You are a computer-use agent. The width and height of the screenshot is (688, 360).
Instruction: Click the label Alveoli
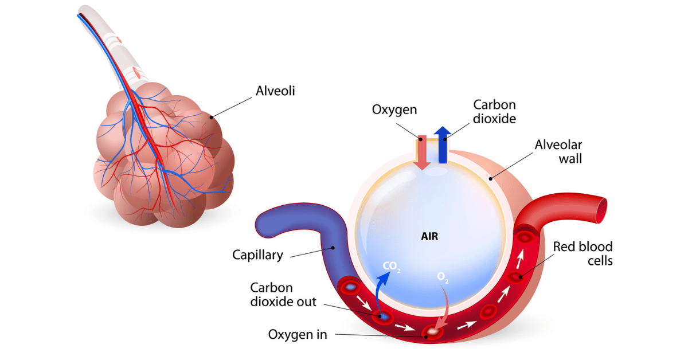coord(275,91)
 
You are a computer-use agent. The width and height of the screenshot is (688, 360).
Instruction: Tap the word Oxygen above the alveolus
coord(394,109)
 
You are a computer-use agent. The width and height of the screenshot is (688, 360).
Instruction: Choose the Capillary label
coord(257,255)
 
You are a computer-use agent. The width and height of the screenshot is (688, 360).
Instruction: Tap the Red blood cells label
coord(583,253)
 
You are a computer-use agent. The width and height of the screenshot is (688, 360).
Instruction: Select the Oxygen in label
coord(298,334)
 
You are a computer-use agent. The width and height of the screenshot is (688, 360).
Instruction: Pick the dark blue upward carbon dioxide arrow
coord(441,146)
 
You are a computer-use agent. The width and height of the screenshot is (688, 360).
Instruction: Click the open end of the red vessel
coord(600,210)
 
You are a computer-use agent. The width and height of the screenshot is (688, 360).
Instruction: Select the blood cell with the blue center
coord(382,316)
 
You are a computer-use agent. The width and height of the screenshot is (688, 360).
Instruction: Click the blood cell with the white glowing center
coord(433,332)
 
